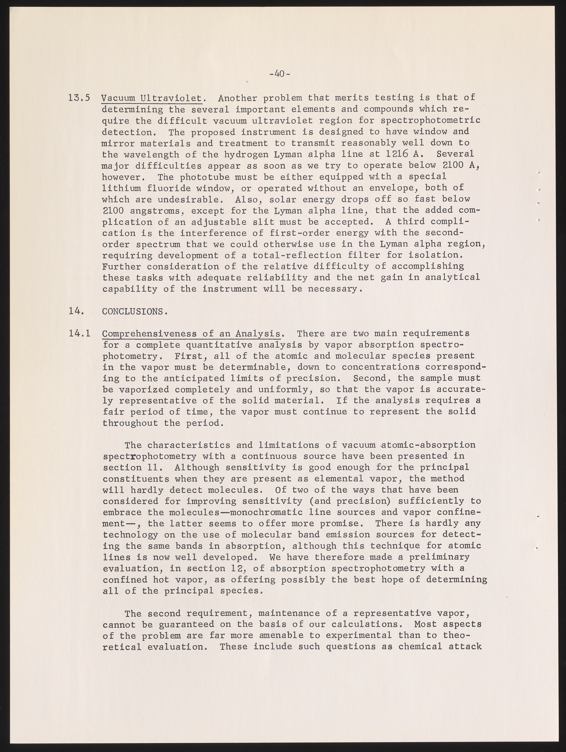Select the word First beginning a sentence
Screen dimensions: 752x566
pyautogui.click(x=189, y=356)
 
